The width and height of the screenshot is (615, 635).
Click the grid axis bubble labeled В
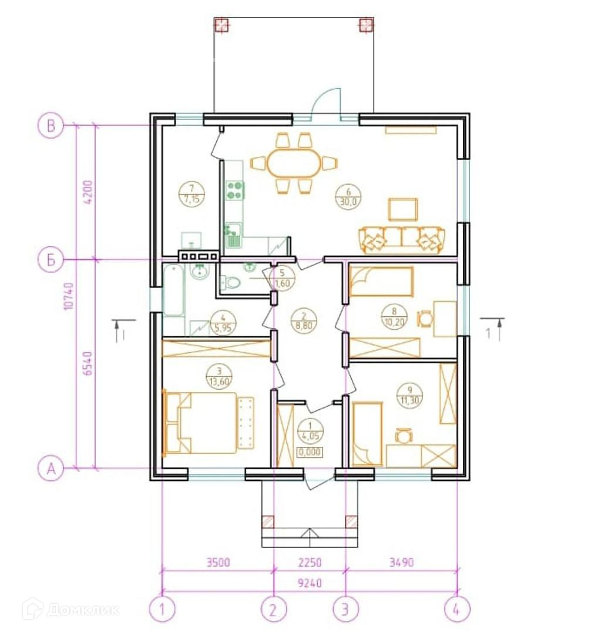[51, 126]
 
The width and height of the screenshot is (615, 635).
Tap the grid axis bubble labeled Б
[51, 259]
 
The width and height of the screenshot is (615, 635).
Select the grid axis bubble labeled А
[51, 469]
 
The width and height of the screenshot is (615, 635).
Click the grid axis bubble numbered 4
[457, 609]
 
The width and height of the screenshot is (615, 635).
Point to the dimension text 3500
[218, 563]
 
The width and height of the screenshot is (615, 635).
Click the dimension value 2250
[310, 563]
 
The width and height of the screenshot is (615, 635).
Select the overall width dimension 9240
[310, 583]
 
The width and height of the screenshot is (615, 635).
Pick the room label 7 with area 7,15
[191, 195]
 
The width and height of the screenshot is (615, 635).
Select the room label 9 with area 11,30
[410, 396]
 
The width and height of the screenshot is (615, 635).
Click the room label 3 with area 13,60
[219, 376]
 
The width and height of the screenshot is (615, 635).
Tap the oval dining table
[294, 163]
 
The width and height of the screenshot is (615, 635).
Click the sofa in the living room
[402, 240]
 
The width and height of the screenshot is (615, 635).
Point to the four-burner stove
[235, 190]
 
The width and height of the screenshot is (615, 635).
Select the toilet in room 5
[230, 282]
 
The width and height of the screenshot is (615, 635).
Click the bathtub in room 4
[174, 290]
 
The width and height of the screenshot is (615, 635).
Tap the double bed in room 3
[200, 422]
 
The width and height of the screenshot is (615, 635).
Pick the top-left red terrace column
[221, 25]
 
